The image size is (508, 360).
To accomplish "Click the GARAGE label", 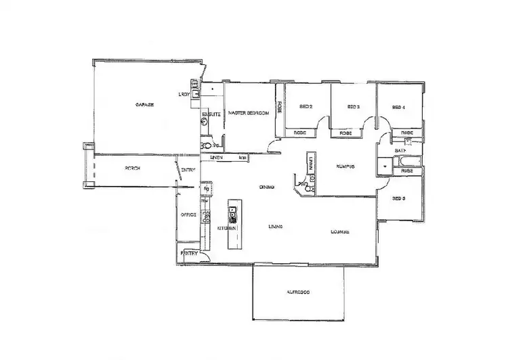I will [145, 105].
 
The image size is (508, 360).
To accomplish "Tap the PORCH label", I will [132, 168].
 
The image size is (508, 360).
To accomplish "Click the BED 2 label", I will [306, 106].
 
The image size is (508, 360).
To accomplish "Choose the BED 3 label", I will [353, 106].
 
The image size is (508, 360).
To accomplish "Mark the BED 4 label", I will [398, 107].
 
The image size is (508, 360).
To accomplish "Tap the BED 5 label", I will [398, 198].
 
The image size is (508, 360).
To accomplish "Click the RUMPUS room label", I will [345, 166].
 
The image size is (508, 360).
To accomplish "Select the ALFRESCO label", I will [299, 292].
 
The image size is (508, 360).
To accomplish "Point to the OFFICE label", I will [188, 215].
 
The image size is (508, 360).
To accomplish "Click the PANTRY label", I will [190, 253].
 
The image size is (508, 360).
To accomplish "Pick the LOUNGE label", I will [339, 232].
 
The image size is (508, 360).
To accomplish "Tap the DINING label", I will [266, 188].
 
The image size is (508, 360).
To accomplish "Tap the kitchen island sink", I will [232, 217].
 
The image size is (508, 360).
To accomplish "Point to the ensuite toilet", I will [205, 145].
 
